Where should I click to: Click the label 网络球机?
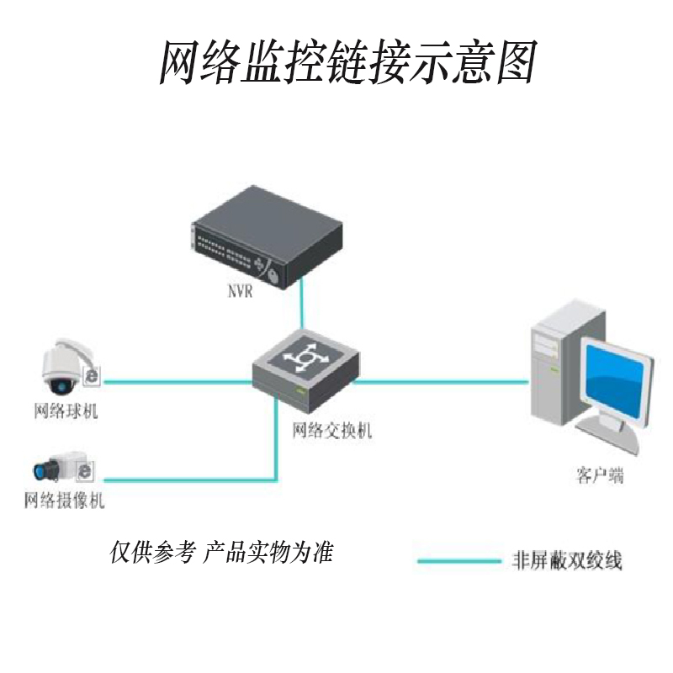pos(65,412)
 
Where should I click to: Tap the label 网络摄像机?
pos(65,501)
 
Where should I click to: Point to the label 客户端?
pos(600,476)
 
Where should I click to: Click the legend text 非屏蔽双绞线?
pos(567,560)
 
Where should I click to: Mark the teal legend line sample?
pos(458,560)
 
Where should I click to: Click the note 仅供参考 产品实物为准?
pos(222,553)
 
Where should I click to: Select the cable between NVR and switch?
pos(302,307)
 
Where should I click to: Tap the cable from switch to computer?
pos(442,380)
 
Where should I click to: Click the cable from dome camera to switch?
pos(177,380)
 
